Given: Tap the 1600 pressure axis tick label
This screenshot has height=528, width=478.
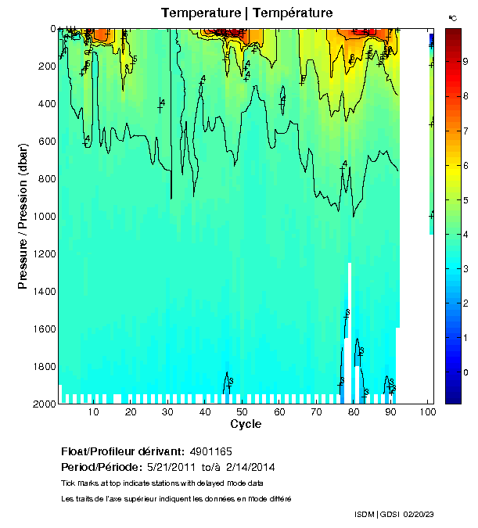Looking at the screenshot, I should point(43,329).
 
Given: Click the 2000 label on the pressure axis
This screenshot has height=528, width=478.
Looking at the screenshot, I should point(43,404).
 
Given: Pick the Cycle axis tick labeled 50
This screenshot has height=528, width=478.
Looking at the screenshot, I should point(242,412).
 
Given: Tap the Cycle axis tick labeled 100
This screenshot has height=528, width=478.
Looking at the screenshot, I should point(427,412).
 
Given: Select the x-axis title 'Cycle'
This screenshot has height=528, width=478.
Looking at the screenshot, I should point(246,424).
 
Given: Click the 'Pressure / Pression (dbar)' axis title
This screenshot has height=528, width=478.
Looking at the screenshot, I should point(23,216).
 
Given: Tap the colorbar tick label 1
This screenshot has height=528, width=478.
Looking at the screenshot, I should point(466,337).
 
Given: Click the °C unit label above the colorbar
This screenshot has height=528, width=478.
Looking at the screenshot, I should point(452,17).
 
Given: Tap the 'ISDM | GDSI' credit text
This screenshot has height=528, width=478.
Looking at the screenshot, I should point(375,514).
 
